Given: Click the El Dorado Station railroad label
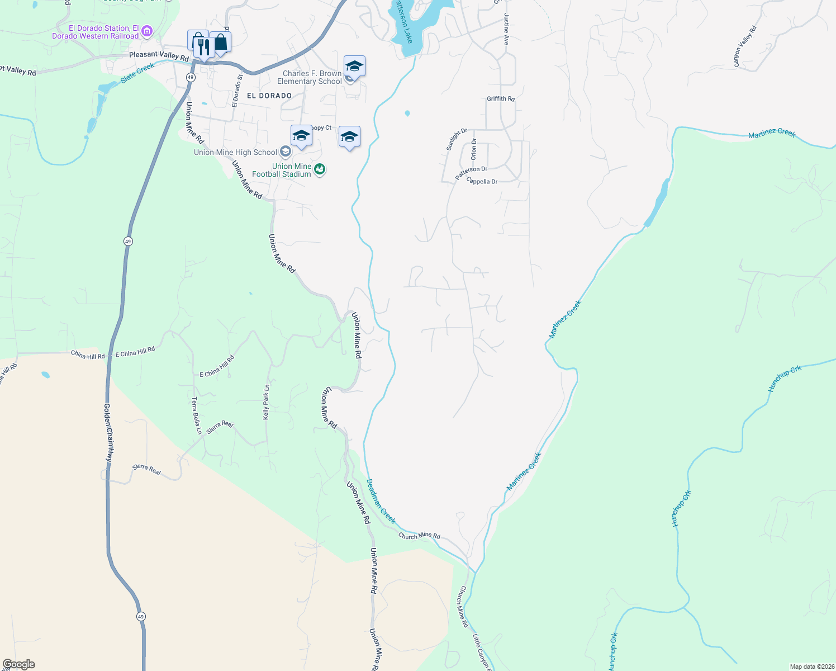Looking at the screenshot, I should [96, 32].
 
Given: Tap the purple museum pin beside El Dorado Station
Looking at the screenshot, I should [147, 31].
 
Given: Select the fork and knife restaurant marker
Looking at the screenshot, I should [203, 47].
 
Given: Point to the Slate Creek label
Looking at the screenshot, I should [137, 73].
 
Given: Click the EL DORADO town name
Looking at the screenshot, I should [269, 96].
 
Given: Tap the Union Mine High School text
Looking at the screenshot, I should [235, 152].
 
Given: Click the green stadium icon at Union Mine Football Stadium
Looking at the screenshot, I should [320, 169].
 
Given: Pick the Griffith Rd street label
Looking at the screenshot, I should [501, 99].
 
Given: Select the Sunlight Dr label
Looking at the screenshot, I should [457, 139].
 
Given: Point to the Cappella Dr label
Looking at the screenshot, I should [482, 181].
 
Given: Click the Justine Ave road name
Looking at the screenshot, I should [507, 29].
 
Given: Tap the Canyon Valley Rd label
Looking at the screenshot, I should [745, 47].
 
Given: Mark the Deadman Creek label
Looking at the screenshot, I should [381, 501].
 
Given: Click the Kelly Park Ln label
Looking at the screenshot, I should [267, 402].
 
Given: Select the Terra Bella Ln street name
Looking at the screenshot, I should [196, 415].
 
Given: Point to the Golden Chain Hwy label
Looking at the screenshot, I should [109, 432].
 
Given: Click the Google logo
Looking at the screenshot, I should [19, 664].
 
